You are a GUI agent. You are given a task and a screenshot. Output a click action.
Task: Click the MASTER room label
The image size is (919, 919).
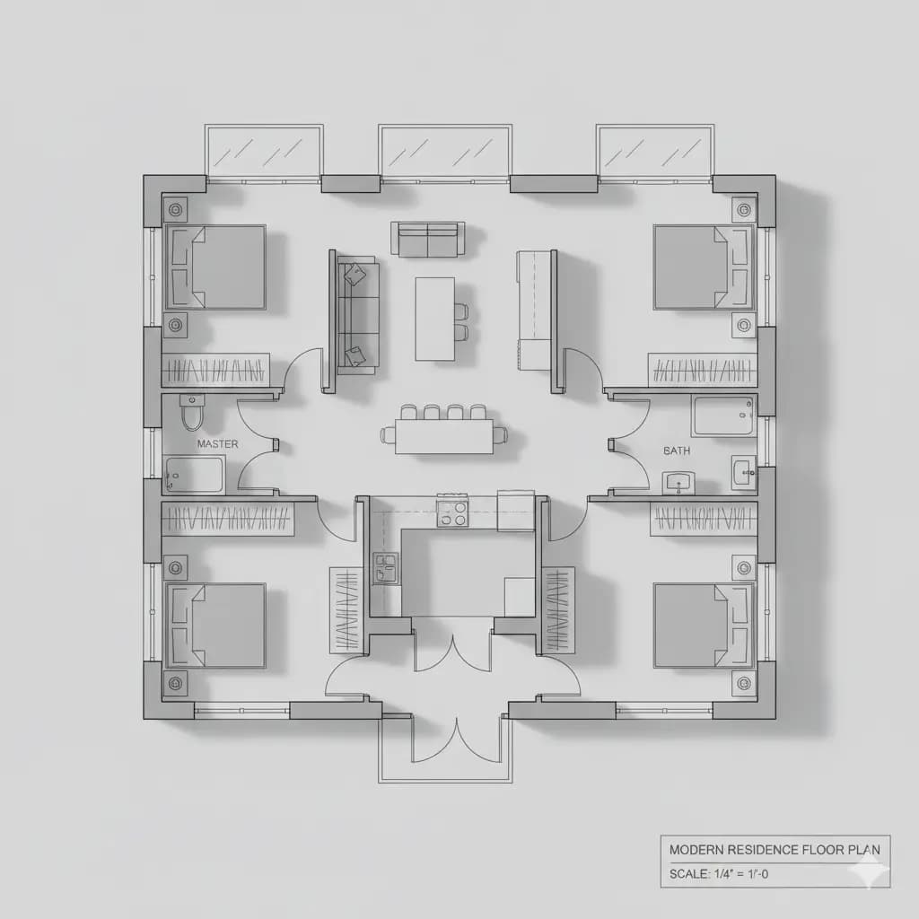[x=217, y=444]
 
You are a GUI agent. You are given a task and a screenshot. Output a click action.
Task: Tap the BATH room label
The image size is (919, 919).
[x=677, y=451]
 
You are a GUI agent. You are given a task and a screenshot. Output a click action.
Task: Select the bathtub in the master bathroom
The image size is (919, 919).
[x=195, y=474]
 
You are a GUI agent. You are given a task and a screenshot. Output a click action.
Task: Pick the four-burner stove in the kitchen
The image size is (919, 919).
[x=452, y=513]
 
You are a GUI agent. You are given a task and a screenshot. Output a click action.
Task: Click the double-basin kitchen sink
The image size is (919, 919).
[x=386, y=568]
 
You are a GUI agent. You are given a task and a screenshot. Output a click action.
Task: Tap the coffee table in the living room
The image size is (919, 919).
[x=435, y=319]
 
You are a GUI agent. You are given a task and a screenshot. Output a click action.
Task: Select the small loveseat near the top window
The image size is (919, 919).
[x=428, y=239]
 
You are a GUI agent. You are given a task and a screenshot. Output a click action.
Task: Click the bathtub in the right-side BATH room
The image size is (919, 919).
[x=722, y=416]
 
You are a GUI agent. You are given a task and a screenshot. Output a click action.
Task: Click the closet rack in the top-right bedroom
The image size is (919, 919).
[x=702, y=369]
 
